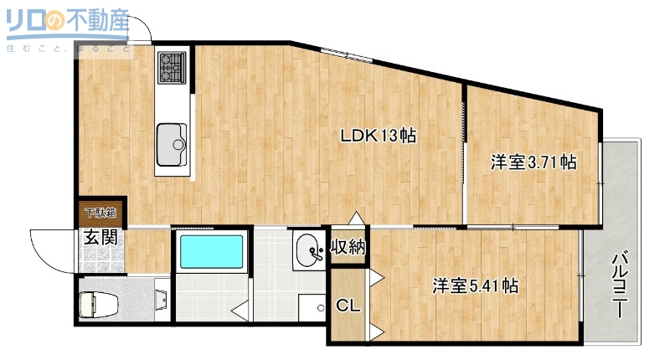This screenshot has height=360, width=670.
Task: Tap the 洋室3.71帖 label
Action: [533, 162]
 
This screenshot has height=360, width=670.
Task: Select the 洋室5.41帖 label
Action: [474, 285]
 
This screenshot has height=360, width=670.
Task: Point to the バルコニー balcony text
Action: [620, 285]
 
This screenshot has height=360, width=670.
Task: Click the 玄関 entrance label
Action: [99, 237]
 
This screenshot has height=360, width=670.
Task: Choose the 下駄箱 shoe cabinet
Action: [99, 213]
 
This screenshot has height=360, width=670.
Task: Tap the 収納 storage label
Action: [348, 247]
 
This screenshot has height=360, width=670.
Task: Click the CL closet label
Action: [348, 306]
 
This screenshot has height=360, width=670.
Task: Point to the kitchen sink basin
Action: [173, 138]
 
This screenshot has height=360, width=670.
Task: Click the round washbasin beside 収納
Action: [308, 250]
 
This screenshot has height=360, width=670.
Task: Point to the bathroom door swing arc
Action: [243, 306]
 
